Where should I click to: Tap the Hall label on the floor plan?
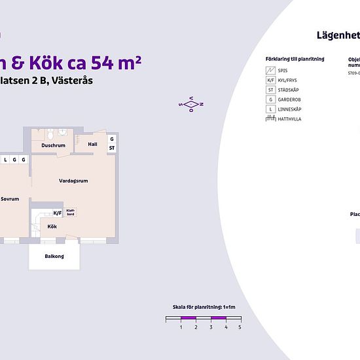tap(92, 144)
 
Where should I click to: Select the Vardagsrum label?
tap(73, 181)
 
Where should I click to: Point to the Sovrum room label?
tap(10, 199)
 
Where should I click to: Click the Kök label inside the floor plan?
tap(52, 226)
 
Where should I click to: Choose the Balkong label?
tap(54, 256)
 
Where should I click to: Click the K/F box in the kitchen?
tap(58, 213)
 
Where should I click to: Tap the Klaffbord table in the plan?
tap(71, 213)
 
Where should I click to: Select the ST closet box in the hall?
tap(112, 148)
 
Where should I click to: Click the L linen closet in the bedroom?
tap(5, 159)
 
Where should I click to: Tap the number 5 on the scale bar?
tap(240, 326)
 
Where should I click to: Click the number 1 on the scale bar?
tap(181, 326)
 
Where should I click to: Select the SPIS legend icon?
tap(270, 70)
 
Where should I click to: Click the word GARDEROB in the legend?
tap(291, 99)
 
